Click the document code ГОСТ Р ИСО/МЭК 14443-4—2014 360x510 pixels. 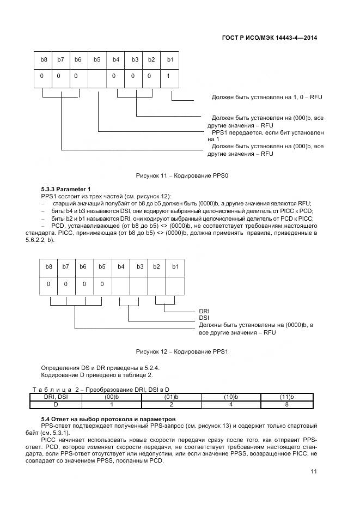(x=270, y=38)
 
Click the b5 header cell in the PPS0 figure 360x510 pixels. (x=96, y=59)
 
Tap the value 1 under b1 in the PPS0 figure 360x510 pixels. (x=169, y=76)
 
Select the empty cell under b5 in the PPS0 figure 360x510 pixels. (x=97, y=76)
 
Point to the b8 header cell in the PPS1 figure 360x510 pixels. (x=48, y=266)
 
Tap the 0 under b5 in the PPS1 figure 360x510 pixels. (x=102, y=284)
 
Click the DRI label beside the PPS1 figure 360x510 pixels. (x=204, y=311)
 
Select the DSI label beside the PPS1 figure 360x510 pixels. (x=204, y=318)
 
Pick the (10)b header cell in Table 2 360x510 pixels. (x=231, y=397)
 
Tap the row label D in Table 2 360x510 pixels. (x=55, y=405)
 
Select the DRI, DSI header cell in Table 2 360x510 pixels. (x=55, y=397)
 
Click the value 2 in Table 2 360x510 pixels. (x=171, y=405)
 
